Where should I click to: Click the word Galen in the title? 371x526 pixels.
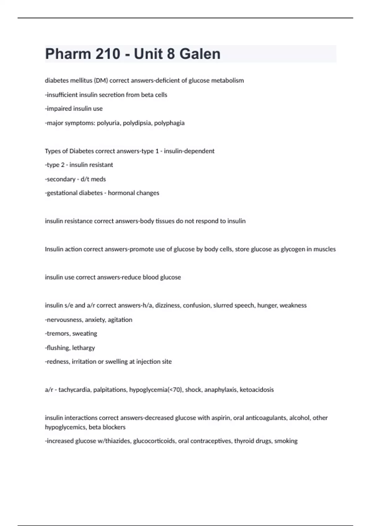click(200, 54)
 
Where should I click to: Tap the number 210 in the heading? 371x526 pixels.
click(108, 54)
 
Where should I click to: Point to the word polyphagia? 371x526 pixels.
click(169, 123)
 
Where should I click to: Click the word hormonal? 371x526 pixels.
click(119, 193)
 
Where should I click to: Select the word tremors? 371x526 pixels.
click(58, 334)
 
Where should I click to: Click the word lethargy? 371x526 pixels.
click(83, 348)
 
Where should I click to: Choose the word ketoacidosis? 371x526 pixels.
click(257, 390)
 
